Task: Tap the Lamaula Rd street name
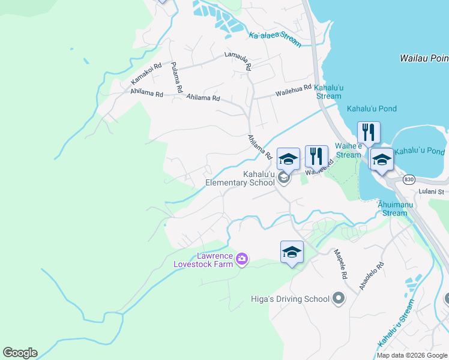pyautogui.click(x=238, y=61)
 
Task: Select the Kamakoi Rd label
pyautogui.click(x=146, y=74)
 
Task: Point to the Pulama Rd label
pyautogui.click(x=176, y=77)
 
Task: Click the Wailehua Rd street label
pyautogui.click(x=294, y=90)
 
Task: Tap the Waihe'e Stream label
pyautogui.click(x=348, y=151)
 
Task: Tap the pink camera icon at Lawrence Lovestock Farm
pyautogui.click(x=242, y=259)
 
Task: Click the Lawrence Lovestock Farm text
pyautogui.click(x=203, y=259)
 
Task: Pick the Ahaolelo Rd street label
pyautogui.click(x=371, y=276)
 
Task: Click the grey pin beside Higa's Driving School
pyautogui.click(x=338, y=298)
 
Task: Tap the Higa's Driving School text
pyautogui.click(x=290, y=299)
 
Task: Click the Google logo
pyautogui.click(x=20, y=353)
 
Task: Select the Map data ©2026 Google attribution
pyautogui.click(x=412, y=355)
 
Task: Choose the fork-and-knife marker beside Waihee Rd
pyautogui.click(x=316, y=157)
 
